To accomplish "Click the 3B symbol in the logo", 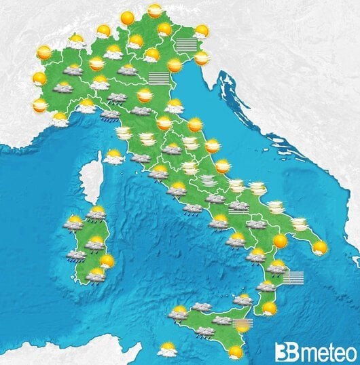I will click(x=285, y=351).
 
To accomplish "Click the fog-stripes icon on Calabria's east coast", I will click(x=293, y=277).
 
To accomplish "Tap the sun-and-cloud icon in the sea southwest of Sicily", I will click(x=167, y=350).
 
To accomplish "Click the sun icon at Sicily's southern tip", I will click(x=236, y=351).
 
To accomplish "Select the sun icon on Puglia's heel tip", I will click(x=319, y=248).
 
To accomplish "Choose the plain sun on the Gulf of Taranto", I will click(x=279, y=240).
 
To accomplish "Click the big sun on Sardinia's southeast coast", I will click(x=106, y=261).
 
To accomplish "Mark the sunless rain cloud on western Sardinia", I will click(x=76, y=256).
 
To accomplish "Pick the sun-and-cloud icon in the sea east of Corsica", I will click(x=114, y=157).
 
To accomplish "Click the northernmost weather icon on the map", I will click(x=156, y=12).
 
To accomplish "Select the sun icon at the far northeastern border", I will click(x=200, y=31).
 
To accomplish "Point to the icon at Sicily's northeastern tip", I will click(x=243, y=299).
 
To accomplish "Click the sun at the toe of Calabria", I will click(x=270, y=309).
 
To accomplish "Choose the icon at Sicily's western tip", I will click(x=178, y=313).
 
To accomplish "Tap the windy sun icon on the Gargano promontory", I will click(x=256, y=188).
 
